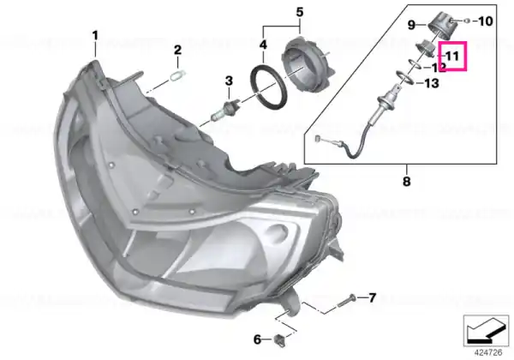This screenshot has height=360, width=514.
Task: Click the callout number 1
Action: (x=95, y=35)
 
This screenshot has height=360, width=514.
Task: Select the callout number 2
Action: (x=177, y=51)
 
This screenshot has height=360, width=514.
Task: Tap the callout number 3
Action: (x=229, y=81)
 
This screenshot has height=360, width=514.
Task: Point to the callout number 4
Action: (x=263, y=45)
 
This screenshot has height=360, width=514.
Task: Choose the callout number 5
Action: (x=300, y=12)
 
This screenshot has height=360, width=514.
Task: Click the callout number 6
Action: (x=258, y=339)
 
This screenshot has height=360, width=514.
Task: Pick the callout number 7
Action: (x=372, y=298)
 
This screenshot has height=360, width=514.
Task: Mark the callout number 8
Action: (x=406, y=181)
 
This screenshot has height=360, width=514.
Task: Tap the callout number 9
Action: (x=412, y=25)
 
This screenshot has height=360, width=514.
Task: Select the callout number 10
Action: (x=486, y=21)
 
